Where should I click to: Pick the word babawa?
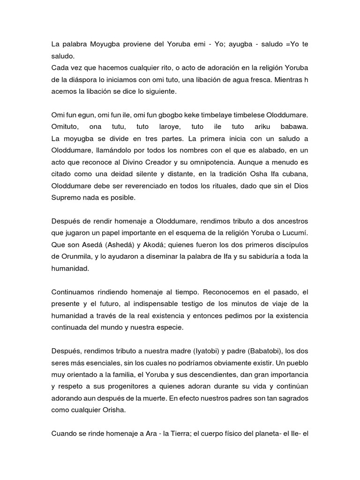pos(292,127)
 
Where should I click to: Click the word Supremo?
pos(67,198)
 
